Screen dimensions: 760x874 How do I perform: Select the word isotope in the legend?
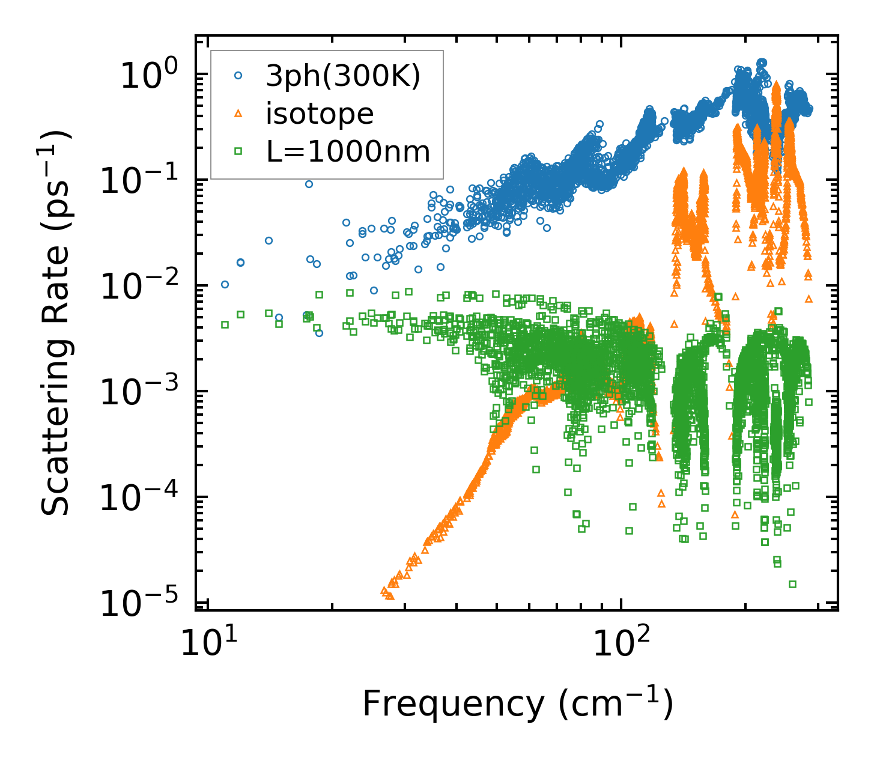[x=320, y=114]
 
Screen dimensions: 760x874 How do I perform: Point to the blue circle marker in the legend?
[x=238, y=76]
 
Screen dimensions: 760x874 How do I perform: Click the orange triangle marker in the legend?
[x=238, y=114]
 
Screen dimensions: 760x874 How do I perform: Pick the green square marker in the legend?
[x=238, y=151]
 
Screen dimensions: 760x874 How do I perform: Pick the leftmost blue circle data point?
[x=225, y=284]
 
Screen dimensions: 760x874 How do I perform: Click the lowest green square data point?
[x=792, y=584]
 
